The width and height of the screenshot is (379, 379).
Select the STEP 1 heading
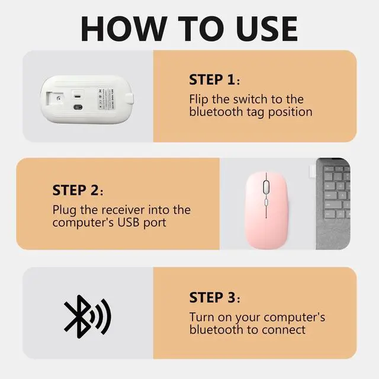(214, 80)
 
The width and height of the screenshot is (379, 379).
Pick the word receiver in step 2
(128, 210)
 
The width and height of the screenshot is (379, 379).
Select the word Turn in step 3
(202, 317)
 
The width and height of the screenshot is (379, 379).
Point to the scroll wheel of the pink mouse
(265, 185)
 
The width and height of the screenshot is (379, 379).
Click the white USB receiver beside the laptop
(310, 169)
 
